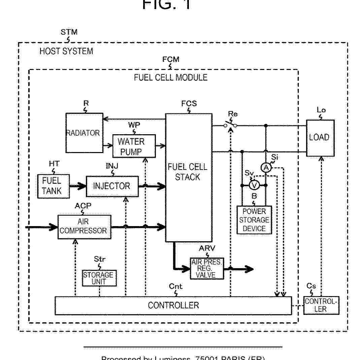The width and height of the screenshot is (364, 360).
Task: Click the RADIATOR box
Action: coord(84,133)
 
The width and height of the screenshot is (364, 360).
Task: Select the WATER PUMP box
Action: coord(134,146)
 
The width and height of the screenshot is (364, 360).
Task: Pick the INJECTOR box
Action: coord(112,186)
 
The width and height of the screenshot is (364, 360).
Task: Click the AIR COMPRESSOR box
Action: coord(84,227)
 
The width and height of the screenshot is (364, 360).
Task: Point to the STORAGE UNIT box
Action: coord(99,278)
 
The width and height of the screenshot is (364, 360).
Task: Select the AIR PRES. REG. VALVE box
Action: coord(207,268)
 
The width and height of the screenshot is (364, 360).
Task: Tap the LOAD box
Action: coord(320,138)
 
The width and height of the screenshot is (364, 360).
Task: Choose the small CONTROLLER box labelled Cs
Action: coord(321,305)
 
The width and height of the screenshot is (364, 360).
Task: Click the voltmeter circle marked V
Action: coord(254,185)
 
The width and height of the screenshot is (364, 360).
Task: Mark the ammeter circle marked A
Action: coord(266,168)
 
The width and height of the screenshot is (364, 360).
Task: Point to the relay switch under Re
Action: coord(231,125)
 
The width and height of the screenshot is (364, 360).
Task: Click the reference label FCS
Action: coord(189,104)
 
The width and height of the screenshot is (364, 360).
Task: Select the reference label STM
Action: coord(69,32)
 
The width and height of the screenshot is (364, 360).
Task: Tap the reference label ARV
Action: coord(207,248)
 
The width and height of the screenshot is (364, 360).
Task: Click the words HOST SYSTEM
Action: coord(66,51)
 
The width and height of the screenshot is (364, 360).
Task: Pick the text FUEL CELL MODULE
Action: coord(171,77)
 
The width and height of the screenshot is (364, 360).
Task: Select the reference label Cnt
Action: coord(175,286)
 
